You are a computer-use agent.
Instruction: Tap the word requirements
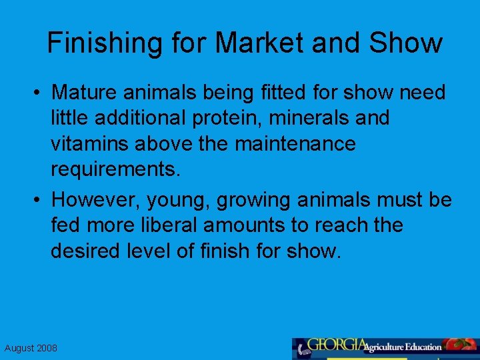point(115,169)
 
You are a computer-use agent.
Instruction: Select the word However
point(91,199)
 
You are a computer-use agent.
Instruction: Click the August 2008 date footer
point(31,348)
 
